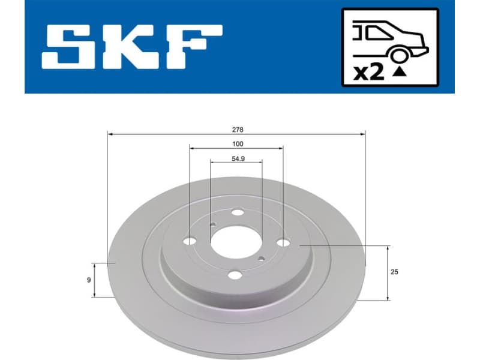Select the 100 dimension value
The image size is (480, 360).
237,143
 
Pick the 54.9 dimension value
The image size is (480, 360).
237,158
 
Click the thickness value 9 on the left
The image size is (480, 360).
88,280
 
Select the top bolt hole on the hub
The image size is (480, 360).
238,212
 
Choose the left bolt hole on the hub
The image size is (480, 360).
190,241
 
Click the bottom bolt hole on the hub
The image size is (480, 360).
235,275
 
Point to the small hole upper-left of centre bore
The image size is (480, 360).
212,225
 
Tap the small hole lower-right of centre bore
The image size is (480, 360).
261,259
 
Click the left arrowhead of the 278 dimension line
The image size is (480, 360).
110,134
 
